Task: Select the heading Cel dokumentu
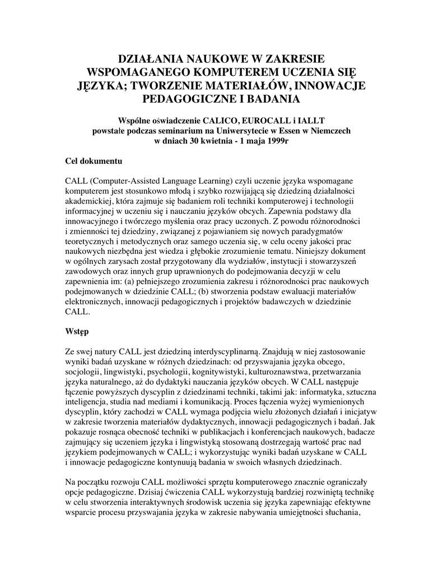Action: pos(94,161)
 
